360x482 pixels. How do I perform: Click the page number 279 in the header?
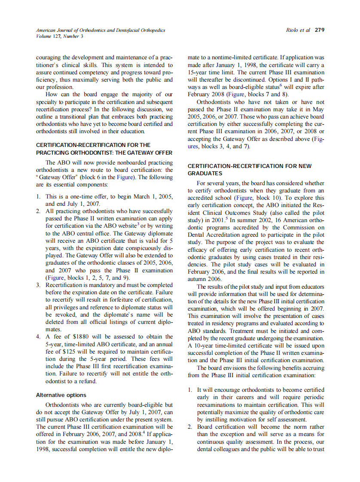319,30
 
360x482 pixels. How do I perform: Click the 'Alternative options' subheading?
61,395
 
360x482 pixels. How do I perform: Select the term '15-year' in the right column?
198,72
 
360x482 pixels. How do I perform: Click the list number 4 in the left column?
38,336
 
